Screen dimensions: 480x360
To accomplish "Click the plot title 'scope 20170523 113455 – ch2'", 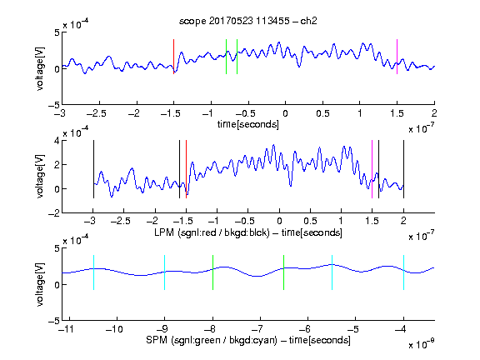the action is pyautogui.click(x=248, y=21).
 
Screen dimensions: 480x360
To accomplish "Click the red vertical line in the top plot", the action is pyautogui.click(x=174, y=57).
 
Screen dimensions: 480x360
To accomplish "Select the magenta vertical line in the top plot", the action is pyautogui.click(x=397, y=57).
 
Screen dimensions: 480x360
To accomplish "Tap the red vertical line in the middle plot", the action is pyautogui.click(x=186, y=169).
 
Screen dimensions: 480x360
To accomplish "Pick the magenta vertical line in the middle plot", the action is pyautogui.click(x=372, y=169).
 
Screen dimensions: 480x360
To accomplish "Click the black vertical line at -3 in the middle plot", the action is pyautogui.click(x=93, y=169).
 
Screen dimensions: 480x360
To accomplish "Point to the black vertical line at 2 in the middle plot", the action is pyautogui.click(x=403, y=169).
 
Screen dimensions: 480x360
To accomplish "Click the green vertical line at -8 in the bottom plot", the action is pyautogui.click(x=212, y=272).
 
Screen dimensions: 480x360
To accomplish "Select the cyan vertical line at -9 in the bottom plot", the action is pyautogui.click(x=164, y=272).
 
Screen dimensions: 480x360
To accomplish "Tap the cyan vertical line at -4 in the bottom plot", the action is pyautogui.click(x=403, y=272).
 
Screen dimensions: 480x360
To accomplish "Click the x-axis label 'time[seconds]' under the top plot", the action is pyautogui.click(x=248, y=124).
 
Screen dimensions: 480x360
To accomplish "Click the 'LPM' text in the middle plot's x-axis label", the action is pyautogui.click(x=164, y=232).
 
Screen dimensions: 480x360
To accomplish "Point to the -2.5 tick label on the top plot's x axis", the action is pyautogui.click(x=96, y=113).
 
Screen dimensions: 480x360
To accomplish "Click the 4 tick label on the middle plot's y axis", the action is pyautogui.click(x=57, y=141).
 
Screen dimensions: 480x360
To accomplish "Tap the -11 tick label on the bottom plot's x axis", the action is pyautogui.click(x=67, y=329).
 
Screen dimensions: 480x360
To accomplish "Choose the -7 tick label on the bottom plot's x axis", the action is pyautogui.click(x=260, y=329).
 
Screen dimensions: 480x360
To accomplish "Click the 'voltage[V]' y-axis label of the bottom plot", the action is pyautogui.click(x=40, y=284).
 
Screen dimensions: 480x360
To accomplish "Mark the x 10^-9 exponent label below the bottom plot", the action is pyautogui.click(x=421, y=343).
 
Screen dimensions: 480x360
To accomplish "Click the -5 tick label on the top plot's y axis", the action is pyautogui.click(x=54, y=105).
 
